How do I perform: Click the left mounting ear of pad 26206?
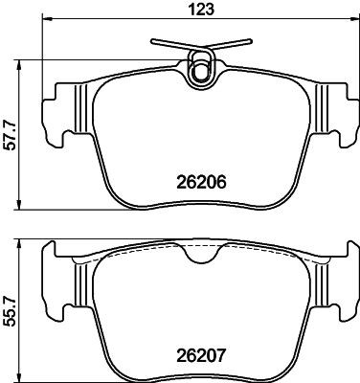59,109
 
